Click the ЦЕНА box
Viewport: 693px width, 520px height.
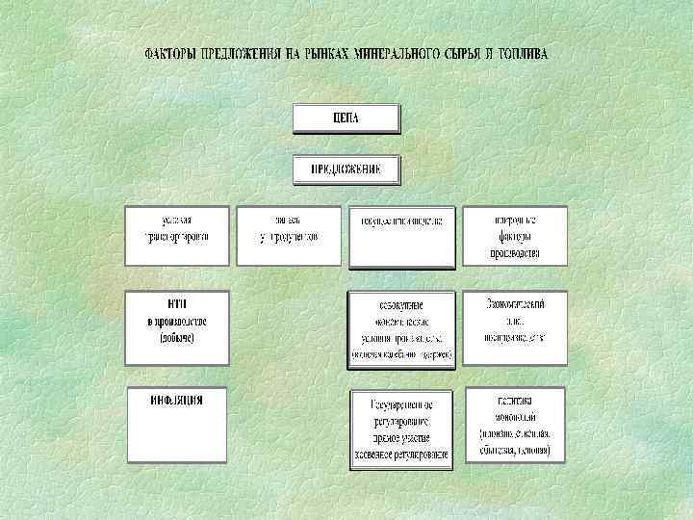click(346, 117)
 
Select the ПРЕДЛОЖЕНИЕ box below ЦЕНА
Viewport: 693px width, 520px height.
click(346, 169)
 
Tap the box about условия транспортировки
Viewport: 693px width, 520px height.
click(178, 235)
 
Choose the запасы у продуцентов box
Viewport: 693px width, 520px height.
click(289, 235)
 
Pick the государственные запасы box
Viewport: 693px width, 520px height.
click(401, 235)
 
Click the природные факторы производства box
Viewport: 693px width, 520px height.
click(514, 235)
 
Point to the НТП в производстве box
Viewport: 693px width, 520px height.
click(178, 327)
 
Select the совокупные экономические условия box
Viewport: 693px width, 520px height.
click(401, 328)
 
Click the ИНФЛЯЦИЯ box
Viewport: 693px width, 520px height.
click(177, 425)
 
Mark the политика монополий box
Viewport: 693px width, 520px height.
click(514, 425)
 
